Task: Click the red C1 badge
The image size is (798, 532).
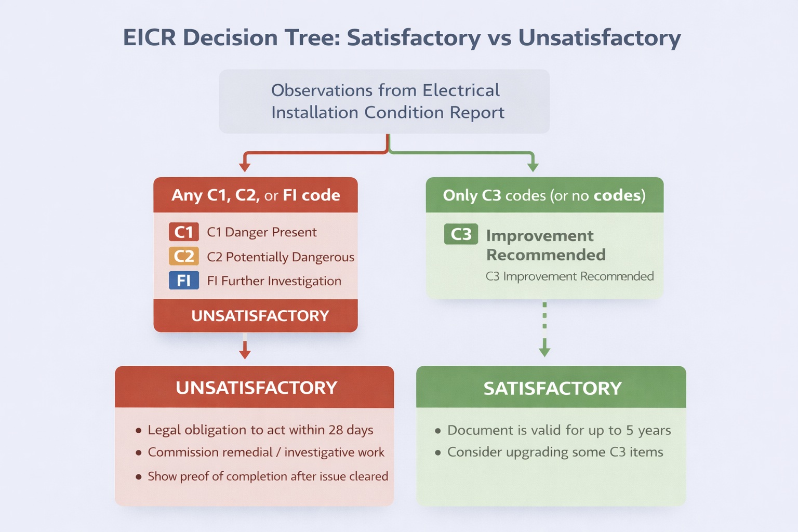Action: click(183, 232)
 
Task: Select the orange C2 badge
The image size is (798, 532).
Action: click(183, 256)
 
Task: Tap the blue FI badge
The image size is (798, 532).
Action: click(183, 281)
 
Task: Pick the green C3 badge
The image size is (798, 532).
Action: click(461, 234)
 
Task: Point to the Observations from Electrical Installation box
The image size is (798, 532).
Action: click(384, 101)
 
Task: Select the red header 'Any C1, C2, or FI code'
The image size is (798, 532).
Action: click(256, 195)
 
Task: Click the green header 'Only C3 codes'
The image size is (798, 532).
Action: click(544, 195)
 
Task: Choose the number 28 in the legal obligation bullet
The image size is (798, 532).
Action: click(336, 430)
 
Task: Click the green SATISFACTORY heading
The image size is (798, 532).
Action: click(552, 388)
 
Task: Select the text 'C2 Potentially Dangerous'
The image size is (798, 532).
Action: click(281, 257)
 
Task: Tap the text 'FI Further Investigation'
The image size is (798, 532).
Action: click(274, 281)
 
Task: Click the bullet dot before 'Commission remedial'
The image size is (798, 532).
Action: click(139, 453)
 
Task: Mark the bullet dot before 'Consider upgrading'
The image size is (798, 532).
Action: click(438, 453)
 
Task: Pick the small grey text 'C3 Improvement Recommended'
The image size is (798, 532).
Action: click(569, 276)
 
